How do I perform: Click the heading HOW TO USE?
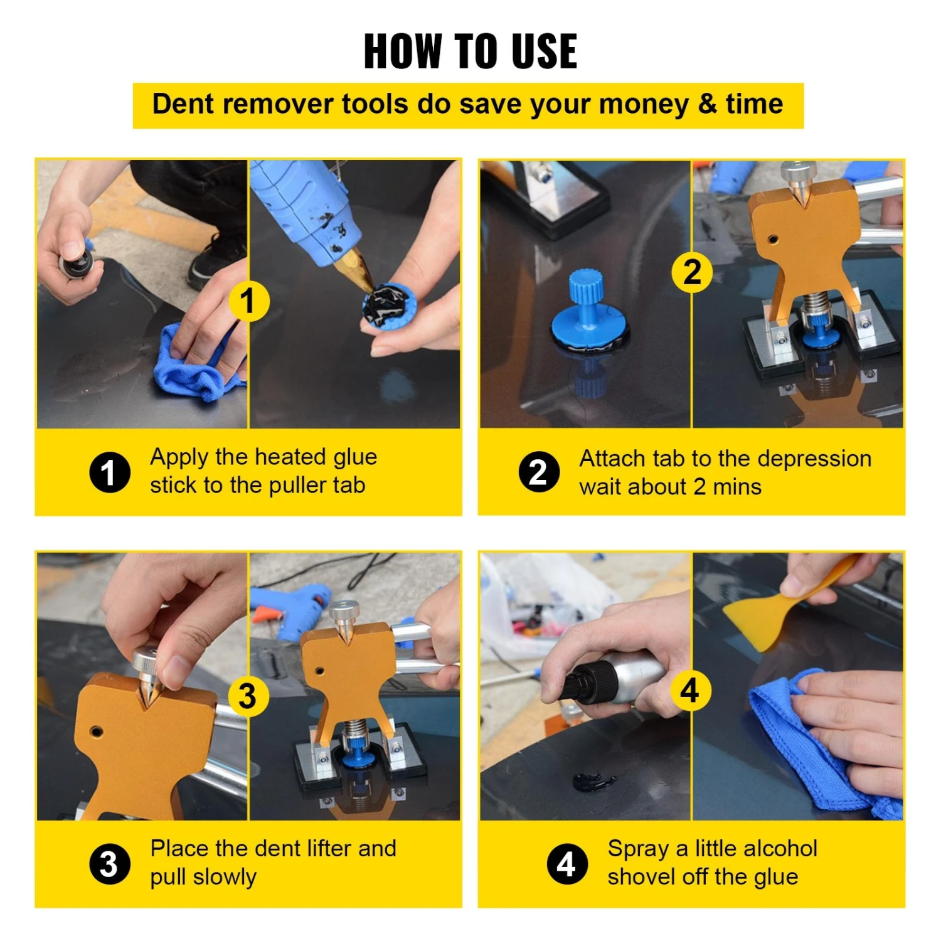[470, 51]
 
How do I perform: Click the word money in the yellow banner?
[644, 104]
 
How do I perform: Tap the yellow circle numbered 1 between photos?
[249, 301]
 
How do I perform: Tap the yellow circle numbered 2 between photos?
[692, 272]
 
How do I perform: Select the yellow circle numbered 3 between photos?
[248, 696]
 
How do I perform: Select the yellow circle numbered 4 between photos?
[690, 690]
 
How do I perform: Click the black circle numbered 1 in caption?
[109, 472]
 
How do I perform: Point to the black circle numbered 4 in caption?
[566, 864]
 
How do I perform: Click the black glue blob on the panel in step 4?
[593, 782]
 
